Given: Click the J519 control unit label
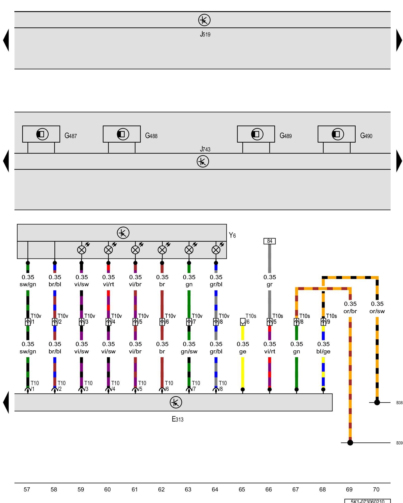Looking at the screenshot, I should click(x=205, y=34).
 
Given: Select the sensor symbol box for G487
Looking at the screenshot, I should click(x=41, y=134).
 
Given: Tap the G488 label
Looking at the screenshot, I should click(x=151, y=136).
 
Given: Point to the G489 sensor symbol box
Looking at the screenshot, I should click(x=256, y=134).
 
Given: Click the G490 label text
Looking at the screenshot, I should click(x=366, y=136).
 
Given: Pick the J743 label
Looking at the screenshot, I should click(x=205, y=149).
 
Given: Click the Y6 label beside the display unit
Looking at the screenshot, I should click(x=232, y=235).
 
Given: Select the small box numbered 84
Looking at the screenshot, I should click(x=270, y=241).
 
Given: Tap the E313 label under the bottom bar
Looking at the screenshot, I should click(x=178, y=419).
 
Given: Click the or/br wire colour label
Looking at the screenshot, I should click(x=350, y=311).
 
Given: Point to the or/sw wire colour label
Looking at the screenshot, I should click(x=377, y=311).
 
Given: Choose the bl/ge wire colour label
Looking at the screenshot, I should click(x=323, y=351).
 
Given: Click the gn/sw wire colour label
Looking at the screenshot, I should click(x=189, y=351).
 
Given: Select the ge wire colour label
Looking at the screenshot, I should click(x=243, y=351).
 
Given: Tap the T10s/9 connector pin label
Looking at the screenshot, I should click(x=331, y=319).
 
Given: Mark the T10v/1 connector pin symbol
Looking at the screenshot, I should click(x=28, y=322).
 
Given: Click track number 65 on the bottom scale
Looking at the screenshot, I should click(x=242, y=489).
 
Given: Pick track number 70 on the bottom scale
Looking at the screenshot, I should click(x=376, y=489).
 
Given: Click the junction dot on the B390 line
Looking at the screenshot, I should click(x=350, y=443).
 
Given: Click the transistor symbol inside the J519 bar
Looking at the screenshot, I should click(x=204, y=20).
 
